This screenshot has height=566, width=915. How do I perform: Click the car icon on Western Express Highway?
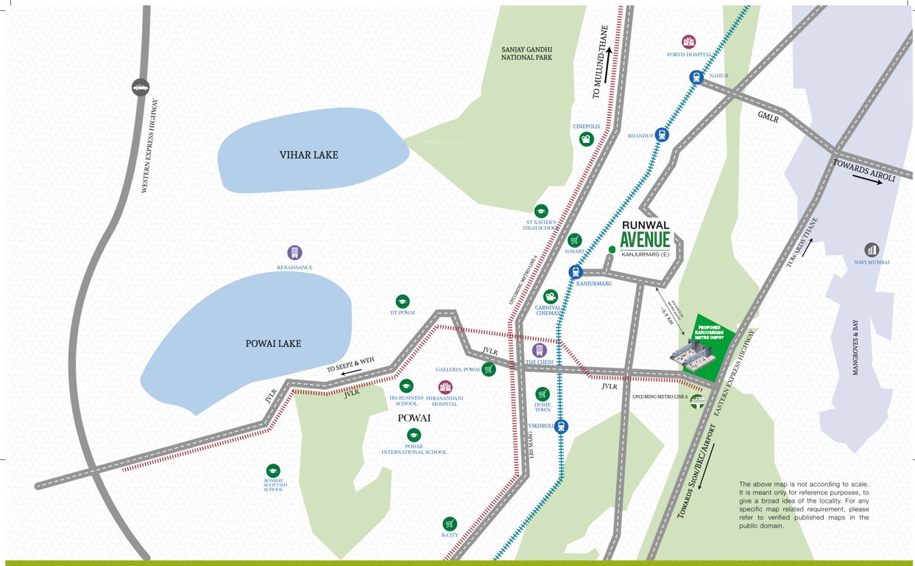[140, 88]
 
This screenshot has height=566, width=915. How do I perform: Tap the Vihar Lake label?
[308, 155]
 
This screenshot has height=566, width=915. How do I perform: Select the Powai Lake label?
[273, 343]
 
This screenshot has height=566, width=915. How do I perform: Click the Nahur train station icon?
[696, 77]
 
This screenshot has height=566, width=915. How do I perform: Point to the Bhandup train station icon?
[662, 135]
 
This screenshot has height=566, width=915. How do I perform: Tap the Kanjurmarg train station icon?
[576, 272]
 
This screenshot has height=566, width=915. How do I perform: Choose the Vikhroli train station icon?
[562, 426]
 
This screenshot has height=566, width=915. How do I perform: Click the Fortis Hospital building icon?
[688, 41]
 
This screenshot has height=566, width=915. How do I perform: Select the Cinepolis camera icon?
[586, 139]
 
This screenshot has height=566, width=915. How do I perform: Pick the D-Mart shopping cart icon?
[575, 240]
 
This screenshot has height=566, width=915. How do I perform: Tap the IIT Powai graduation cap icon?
[402, 301]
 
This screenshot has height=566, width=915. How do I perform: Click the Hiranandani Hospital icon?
[445, 388]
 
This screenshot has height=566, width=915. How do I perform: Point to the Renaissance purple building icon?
[294, 253]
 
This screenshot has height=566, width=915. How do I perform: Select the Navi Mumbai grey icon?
[872, 250]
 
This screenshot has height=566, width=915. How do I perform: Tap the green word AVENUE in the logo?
[645, 240]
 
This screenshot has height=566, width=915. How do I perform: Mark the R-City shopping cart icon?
[450, 523]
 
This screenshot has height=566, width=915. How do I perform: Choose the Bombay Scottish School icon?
[273, 471]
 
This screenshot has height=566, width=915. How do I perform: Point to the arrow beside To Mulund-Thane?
[609, 59]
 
